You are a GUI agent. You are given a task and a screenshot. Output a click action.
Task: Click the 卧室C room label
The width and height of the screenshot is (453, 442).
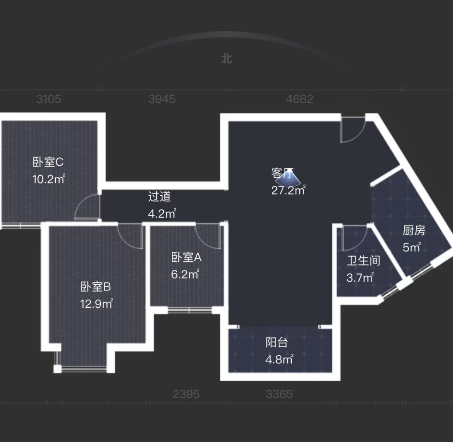click(x=48, y=162)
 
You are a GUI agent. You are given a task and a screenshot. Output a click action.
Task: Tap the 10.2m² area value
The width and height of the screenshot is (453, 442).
click(x=48, y=179)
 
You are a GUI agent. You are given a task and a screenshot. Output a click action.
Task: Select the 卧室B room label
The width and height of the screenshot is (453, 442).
click(x=96, y=287)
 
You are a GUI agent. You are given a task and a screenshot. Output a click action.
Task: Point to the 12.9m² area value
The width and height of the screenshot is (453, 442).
click(x=96, y=304)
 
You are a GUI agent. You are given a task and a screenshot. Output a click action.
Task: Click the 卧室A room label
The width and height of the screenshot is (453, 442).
click(x=186, y=257)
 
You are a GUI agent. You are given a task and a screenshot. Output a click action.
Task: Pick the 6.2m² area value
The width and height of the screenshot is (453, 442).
click(x=185, y=274)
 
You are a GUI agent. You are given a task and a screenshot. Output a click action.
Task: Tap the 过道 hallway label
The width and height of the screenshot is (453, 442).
click(x=159, y=197)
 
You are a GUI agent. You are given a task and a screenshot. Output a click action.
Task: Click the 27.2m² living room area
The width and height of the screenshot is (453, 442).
click(x=288, y=190)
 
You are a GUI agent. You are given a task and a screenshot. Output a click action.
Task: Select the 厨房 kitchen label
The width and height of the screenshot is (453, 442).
click(x=414, y=230)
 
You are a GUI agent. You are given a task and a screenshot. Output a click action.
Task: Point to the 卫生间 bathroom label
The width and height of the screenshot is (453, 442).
click(x=363, y=261)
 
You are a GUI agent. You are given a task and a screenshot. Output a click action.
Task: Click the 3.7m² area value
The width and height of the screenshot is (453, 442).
click(x=360, y=278)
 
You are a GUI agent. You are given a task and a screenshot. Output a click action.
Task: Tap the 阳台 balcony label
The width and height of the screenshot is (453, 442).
click(x=277, y=343)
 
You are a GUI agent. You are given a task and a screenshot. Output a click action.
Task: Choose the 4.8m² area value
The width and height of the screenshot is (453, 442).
click(x=279, y=360)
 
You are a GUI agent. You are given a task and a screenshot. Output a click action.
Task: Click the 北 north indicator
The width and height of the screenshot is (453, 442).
click(x=227, y=59)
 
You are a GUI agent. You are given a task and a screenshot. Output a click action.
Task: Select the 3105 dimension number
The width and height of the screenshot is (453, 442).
click(x=49, y=99)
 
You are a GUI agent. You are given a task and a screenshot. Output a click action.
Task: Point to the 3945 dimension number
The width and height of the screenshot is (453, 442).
click(x=162, y=99)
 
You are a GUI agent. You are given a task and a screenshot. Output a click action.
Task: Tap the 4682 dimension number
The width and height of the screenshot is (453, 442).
click(x=300, y=99)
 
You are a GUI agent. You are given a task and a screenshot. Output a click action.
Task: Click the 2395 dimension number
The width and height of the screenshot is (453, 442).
click(x=186, y=394)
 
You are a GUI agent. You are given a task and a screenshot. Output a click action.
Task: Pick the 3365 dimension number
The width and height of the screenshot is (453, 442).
click(x=279, y=394)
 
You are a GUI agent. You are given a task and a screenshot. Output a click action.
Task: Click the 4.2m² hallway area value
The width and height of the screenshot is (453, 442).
click(x=162, y=214)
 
